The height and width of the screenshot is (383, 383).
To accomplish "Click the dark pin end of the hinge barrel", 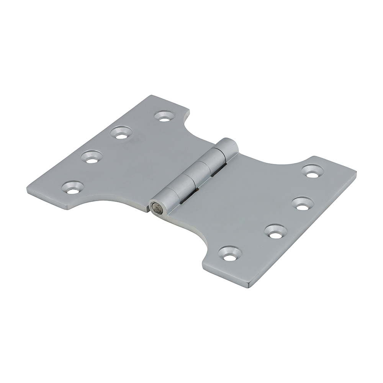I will click(157, 208).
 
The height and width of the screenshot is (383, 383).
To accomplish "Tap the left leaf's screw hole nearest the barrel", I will click(165, 116).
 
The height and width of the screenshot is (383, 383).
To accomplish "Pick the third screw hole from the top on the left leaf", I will click(92, 157).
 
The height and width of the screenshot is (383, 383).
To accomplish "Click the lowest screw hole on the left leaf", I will click(73, 187).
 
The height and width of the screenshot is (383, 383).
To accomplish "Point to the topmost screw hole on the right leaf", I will click(312, 171).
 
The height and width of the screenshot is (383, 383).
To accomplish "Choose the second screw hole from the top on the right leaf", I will click(303, 203).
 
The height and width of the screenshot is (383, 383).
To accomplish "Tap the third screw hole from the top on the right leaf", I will click(276, 231).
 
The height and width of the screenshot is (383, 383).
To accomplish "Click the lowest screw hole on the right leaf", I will click(230, 254).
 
